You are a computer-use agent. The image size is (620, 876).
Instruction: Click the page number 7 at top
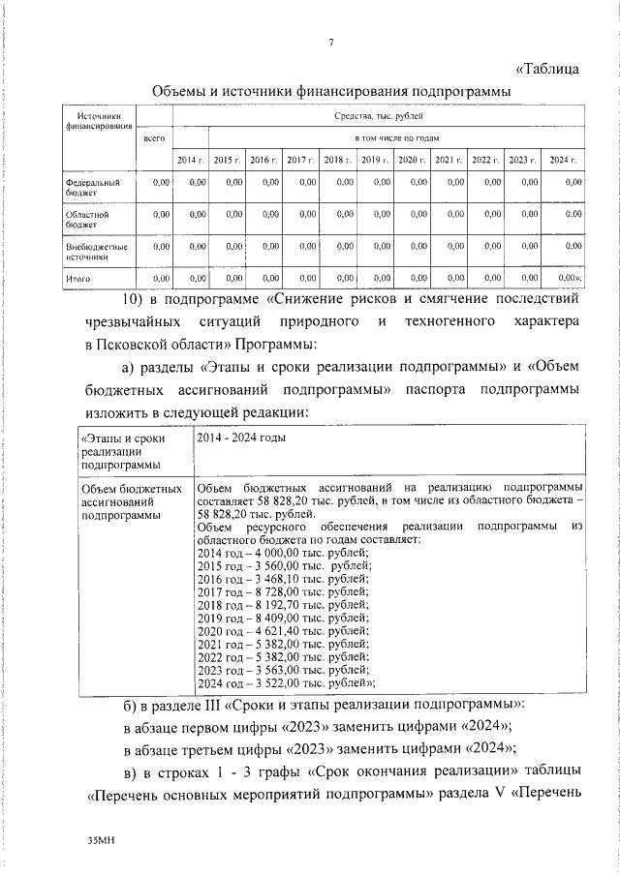(x=330, y=41)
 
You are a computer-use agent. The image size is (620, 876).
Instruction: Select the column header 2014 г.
(x=189, y=159)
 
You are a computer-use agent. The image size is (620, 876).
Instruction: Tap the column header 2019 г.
(x=375, y=159)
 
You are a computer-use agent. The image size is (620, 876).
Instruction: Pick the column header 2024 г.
(x=562, y=159)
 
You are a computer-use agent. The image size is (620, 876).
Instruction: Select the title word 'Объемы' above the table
(x=183, y=90)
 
